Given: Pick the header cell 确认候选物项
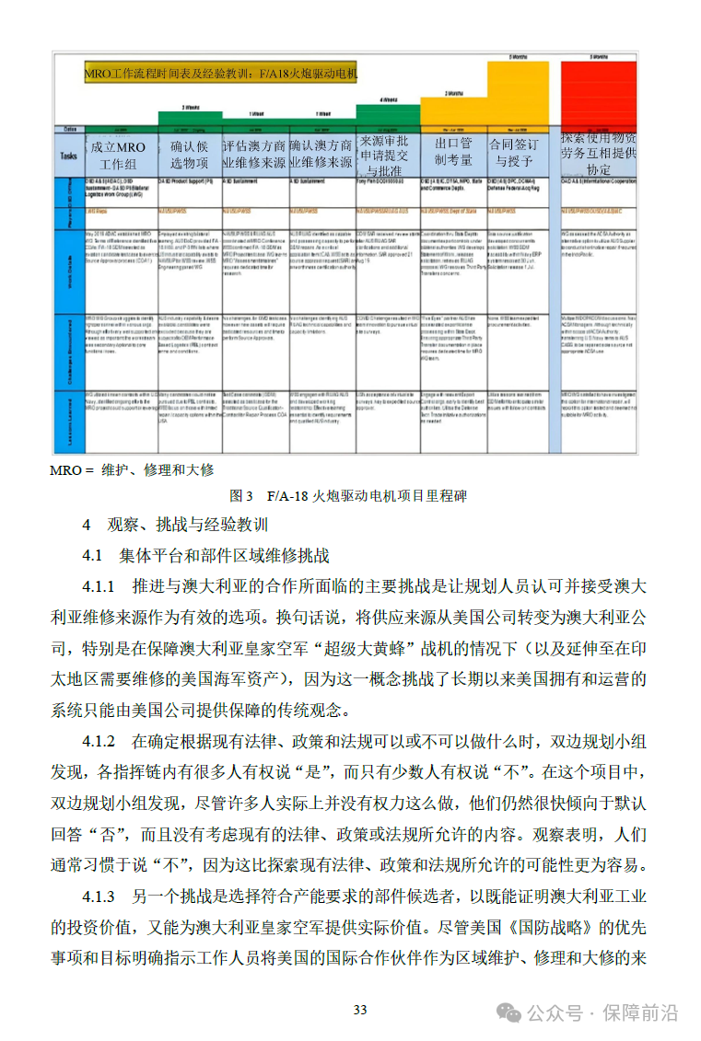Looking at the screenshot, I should point(190,155).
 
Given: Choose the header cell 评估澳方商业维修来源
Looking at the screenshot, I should point(254,155).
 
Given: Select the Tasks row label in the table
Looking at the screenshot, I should point(68,156).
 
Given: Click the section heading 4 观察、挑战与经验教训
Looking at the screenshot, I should point(174,525).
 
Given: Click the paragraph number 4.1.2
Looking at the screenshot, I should point(99,742).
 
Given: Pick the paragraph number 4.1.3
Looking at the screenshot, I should point(99,896).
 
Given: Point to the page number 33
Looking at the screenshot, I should point(360,1010).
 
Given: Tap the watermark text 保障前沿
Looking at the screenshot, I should point(641,1013).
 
